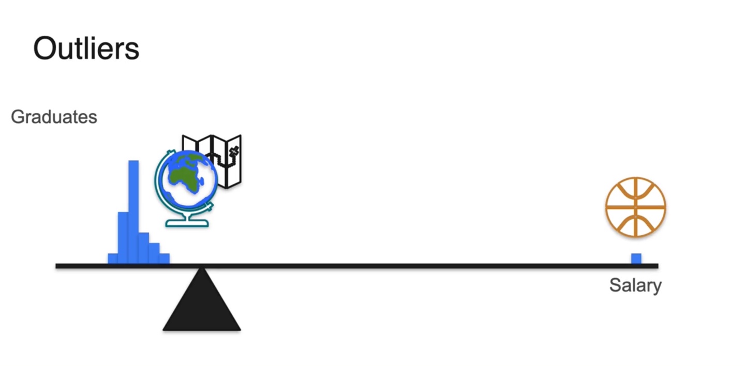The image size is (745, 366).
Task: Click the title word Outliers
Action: tap(86, 49)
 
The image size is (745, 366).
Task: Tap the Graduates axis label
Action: tap(54, 117)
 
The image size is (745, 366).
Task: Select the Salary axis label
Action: tap(635, 285)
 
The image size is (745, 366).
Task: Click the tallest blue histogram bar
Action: tap(133, 212)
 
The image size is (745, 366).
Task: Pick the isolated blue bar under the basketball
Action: tap(636, 258)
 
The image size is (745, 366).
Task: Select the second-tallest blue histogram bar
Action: tap(123, 238)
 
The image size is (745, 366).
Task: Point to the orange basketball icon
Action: tap(635, 207)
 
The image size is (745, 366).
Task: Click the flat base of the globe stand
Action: tap(187, 224)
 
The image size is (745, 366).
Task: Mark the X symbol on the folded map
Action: tap(234, 150)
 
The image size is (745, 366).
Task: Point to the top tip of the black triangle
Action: tap(202, 270)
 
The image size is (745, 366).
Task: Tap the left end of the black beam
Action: tap(58, 266)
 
